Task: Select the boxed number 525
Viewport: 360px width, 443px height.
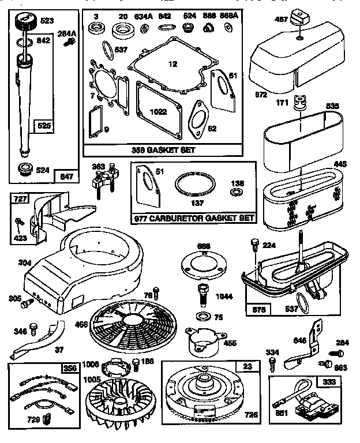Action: point(44,125)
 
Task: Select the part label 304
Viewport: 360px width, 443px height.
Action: point(24,262)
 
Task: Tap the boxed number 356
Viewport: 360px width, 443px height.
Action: point(70,367)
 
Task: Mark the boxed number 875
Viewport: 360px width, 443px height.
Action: point(258,310)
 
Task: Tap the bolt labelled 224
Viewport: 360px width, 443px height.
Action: point(253,246)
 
